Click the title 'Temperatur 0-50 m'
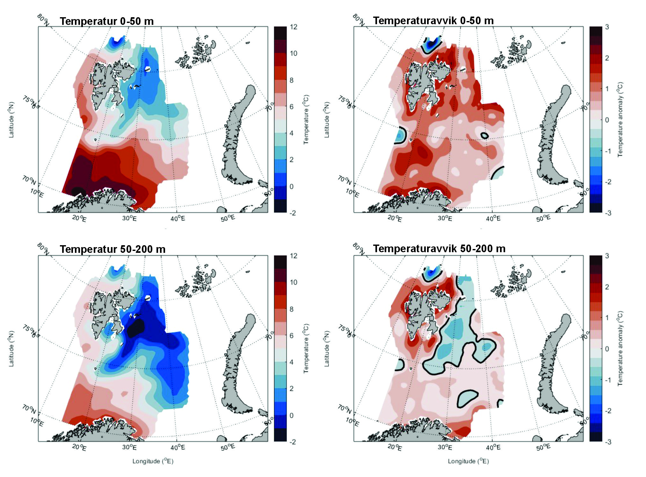pyautogui.click(x=106, y=21)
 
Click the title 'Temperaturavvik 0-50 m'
pyautogui.click(x=433, y=21)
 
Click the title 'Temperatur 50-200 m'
pyautogui.click(x=113, y=249)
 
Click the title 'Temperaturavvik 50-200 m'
pyautogui.click(x=439, y=248)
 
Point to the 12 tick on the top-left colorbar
pyautogui.click(x=294, y=27)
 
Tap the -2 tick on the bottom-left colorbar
pyautogui.click(x=292, y=442)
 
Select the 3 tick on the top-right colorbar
pyautogui.click(x=607, y=27)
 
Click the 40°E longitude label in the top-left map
pyautogui.click(x=178, y=218)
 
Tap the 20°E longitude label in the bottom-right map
pyautogui.click(x=395, y=447)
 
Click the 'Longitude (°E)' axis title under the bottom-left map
pyautogui.click(x=153, y=461)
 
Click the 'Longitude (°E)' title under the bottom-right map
pyautogui.click(x=468, y=461)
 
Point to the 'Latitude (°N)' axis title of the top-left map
pyautogui.click(x=11, y=120)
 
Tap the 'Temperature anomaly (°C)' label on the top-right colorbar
pyautogui.click(x=620, y=120)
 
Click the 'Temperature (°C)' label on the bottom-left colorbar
pyautogui.click(x=306, y=348)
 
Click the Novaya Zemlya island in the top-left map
pyautogui.click(x=237, y=134)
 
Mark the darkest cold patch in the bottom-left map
pyautogui.click(x=135, y=328)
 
